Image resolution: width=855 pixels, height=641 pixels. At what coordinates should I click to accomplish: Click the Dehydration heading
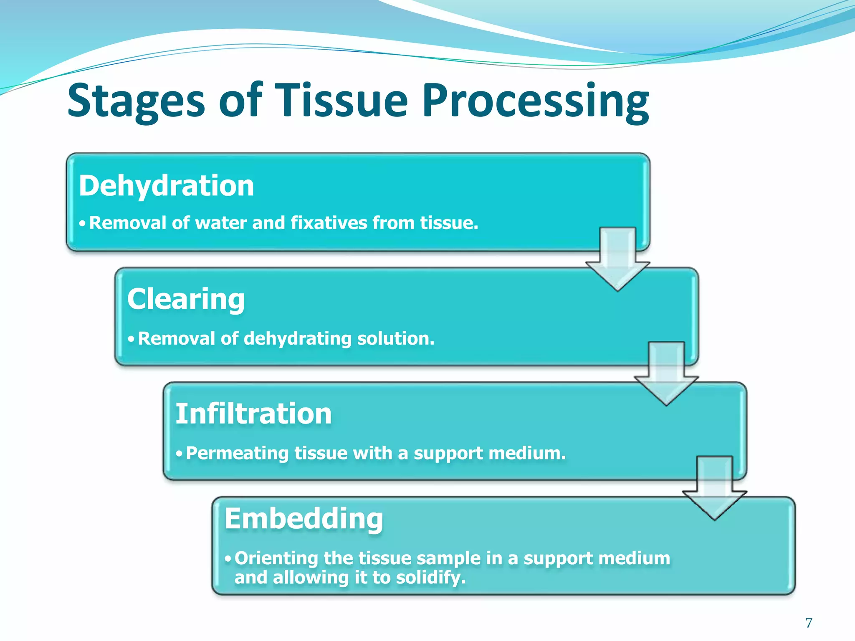[x=167, y=186]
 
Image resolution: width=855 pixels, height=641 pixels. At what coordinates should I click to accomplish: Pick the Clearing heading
[x=186, y=299]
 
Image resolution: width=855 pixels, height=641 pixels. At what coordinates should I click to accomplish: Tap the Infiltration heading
[x=253, y=414]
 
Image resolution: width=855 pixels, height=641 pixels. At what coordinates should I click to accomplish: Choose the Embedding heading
[x=304, y=518]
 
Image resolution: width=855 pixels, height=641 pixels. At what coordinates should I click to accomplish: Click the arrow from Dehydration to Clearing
[x=617, y=259]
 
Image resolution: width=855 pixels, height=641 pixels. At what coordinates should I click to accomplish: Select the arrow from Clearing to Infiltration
[x=666, y=373]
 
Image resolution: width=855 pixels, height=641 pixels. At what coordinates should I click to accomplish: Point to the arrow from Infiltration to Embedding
[x=714, y=487]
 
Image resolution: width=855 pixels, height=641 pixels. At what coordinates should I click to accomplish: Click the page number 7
[x=809, y=623]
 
